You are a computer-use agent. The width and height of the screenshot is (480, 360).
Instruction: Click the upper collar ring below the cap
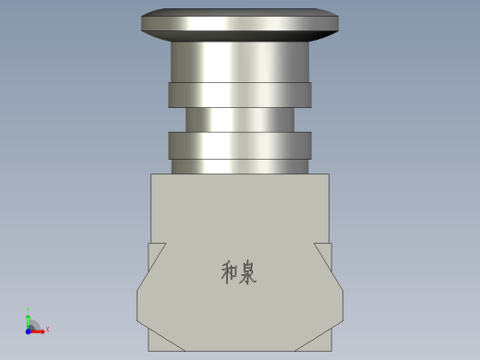[239, 94]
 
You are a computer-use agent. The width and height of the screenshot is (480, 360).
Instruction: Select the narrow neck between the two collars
[239, 119]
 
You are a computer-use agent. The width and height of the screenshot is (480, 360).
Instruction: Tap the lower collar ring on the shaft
[239, 144]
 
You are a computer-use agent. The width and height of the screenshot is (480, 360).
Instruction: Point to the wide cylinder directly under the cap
[239, 62]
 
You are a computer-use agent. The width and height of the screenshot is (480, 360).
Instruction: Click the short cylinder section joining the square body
[239, 166]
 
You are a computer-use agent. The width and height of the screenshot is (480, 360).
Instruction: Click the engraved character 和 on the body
[230, 272]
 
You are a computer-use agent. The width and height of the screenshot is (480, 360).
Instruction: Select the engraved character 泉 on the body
[248, 272]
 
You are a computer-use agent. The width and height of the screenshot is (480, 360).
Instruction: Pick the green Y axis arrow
[29, 318]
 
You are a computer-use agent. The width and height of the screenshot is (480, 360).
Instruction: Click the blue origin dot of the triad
[29, 330]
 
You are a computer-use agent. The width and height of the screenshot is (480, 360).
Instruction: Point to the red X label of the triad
[47, 330]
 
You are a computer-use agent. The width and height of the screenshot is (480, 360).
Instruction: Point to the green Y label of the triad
[29, 310]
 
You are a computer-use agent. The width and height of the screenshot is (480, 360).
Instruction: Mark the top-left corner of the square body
[150, 174]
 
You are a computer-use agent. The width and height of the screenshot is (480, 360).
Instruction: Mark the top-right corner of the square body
[330, 174]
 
